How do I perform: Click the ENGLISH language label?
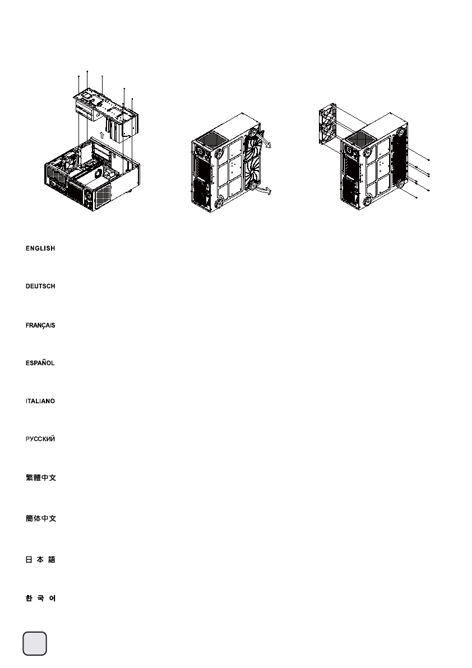[40, 248]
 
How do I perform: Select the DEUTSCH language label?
[40, 287]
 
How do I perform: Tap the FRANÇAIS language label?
[40, 325]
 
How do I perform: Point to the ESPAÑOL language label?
[40, 363]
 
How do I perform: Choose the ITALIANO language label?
[40, 402]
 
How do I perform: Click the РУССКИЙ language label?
[40, 440]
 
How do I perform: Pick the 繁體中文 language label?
[40, 478]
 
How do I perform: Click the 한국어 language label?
[40, 599]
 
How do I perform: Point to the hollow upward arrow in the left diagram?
[100, 134]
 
